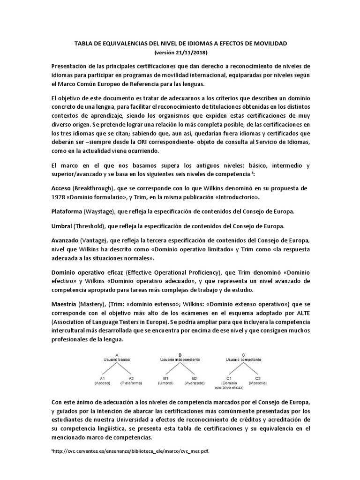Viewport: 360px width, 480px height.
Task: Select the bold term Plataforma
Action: coord(66,211)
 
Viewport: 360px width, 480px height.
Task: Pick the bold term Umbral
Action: coord(61,226)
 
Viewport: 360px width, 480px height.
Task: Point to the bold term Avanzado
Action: coord(65,240)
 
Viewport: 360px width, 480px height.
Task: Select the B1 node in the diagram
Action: coord(165,377)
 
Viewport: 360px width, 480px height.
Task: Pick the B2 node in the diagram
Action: coord(194,377)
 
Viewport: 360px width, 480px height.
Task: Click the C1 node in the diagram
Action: coord(229,377)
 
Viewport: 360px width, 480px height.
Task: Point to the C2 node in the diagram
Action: coord(257,377)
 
